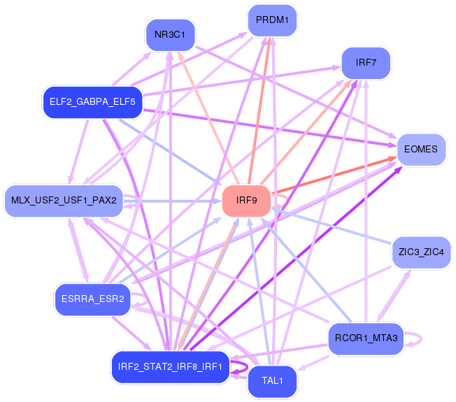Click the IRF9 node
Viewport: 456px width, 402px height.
click(247, 201)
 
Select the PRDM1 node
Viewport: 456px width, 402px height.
click(272, 20)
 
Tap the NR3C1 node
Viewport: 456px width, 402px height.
click(170, 35)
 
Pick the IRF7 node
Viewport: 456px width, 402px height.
click(366, 63)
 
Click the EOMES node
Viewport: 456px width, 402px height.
click(421, 150)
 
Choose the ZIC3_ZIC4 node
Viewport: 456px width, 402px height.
click(421, 252)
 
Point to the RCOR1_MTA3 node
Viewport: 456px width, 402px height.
click(366, 338)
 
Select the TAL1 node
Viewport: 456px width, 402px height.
click(272, 381)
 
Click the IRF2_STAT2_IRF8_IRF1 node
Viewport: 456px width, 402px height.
click(170, 367)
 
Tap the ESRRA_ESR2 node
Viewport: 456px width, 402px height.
click(93, 299)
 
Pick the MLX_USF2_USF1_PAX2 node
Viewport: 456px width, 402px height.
click(64, 201)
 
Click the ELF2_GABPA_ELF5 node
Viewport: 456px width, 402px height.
click(93, 102)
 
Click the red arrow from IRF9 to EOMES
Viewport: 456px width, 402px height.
click(334, 175)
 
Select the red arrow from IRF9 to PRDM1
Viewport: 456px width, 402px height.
click(259, 110)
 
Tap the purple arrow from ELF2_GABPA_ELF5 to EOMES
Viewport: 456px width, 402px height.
click(270, 127)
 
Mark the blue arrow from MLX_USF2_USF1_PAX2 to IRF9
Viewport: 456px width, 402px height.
click(173, 201)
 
